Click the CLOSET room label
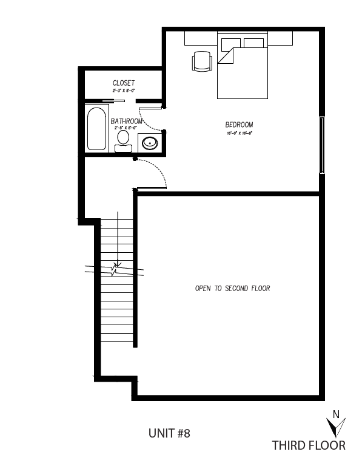[123, 83]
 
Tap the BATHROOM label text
[127, 122]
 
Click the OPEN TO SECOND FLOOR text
[232, 288]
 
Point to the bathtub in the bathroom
[97, 129]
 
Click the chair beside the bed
[202, 61]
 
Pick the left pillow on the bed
[230, 44]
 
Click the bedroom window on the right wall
[323, 143]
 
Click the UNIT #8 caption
[169, 433]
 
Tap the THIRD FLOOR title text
[308, 445]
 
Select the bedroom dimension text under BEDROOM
[239, 132]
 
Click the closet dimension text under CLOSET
[123, 90]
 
